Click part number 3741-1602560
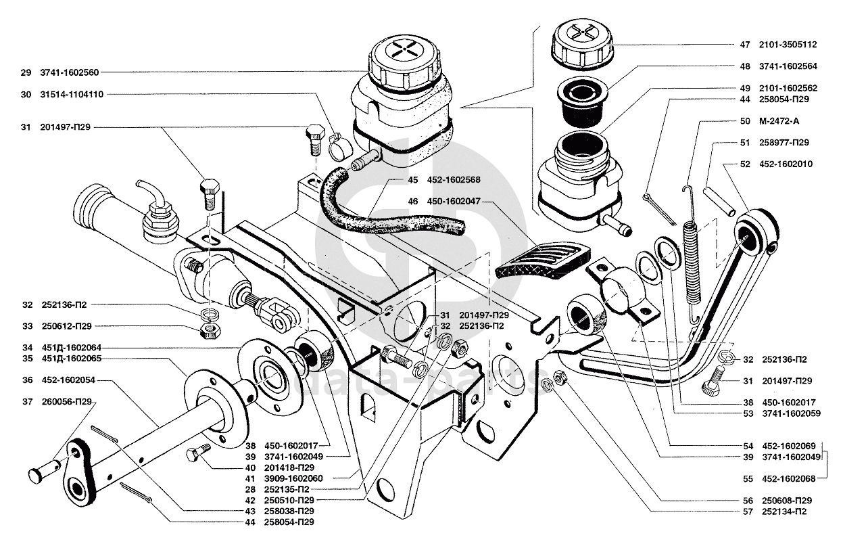coord(69,72)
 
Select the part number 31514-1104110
coord(72,95)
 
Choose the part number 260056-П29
coord(66,402)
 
